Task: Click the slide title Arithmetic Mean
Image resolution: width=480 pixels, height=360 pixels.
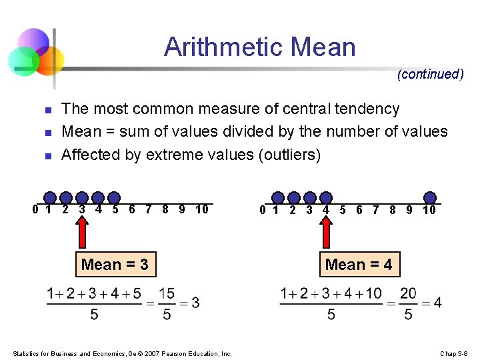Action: tap(260, 47)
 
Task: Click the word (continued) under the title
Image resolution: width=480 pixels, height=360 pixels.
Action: tap(430, 74)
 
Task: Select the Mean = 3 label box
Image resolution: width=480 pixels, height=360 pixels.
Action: tap(115, 265)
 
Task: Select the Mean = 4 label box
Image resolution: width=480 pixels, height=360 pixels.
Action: tap(359, 265)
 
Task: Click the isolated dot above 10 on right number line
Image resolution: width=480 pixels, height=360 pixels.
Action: tap(431, 197)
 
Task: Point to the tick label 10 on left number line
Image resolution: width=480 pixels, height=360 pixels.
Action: tap(202, 210)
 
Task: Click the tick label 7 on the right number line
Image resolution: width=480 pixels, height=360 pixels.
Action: tap(376, 210)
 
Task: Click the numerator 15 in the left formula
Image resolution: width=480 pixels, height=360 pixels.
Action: tap(166, 293)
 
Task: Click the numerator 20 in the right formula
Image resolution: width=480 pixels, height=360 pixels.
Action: tap(408, 293)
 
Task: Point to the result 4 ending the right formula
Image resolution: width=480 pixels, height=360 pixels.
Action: tap(437, 303)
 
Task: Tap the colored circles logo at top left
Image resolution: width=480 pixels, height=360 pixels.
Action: tap(35, 53)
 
